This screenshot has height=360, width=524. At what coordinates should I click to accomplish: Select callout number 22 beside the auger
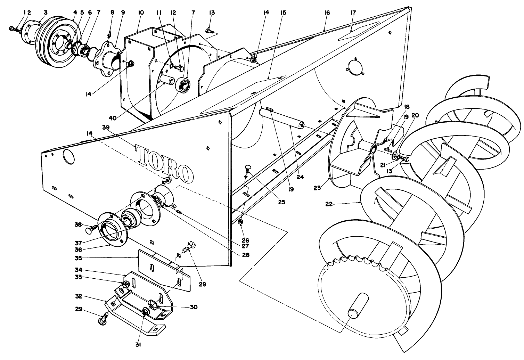point(329,204)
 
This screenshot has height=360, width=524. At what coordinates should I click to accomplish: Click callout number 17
point(353,13)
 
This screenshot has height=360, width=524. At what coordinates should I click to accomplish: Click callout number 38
point(79,224)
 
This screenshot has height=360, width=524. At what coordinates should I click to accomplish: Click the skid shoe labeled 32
point(136,316)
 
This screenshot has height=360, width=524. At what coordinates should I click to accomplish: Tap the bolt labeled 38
point(91,229)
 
